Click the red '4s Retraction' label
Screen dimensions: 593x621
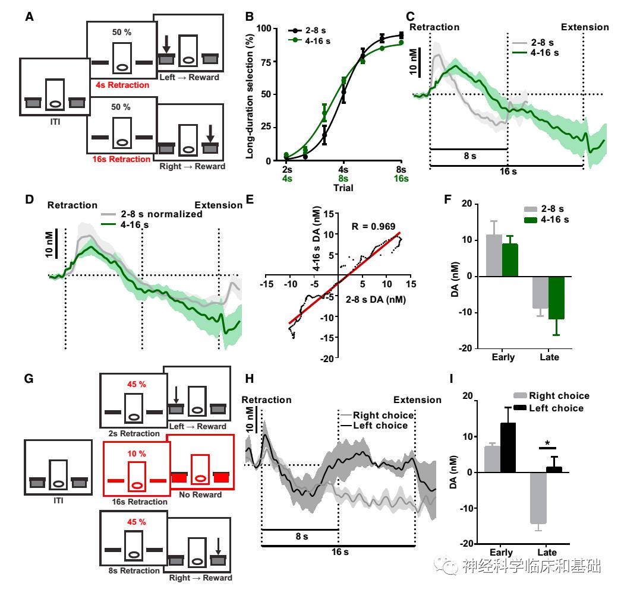(x=122, y=85)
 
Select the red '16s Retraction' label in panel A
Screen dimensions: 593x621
(x=122, y=159)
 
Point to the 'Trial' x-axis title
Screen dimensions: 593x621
(x=343, y=188)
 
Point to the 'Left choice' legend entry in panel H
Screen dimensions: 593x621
(x=380, y=425)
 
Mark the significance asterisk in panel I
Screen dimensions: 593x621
(x=547, y=443)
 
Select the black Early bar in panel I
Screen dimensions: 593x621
(x=507, y=448)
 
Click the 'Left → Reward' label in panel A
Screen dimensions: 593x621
(x=190, y=77)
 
